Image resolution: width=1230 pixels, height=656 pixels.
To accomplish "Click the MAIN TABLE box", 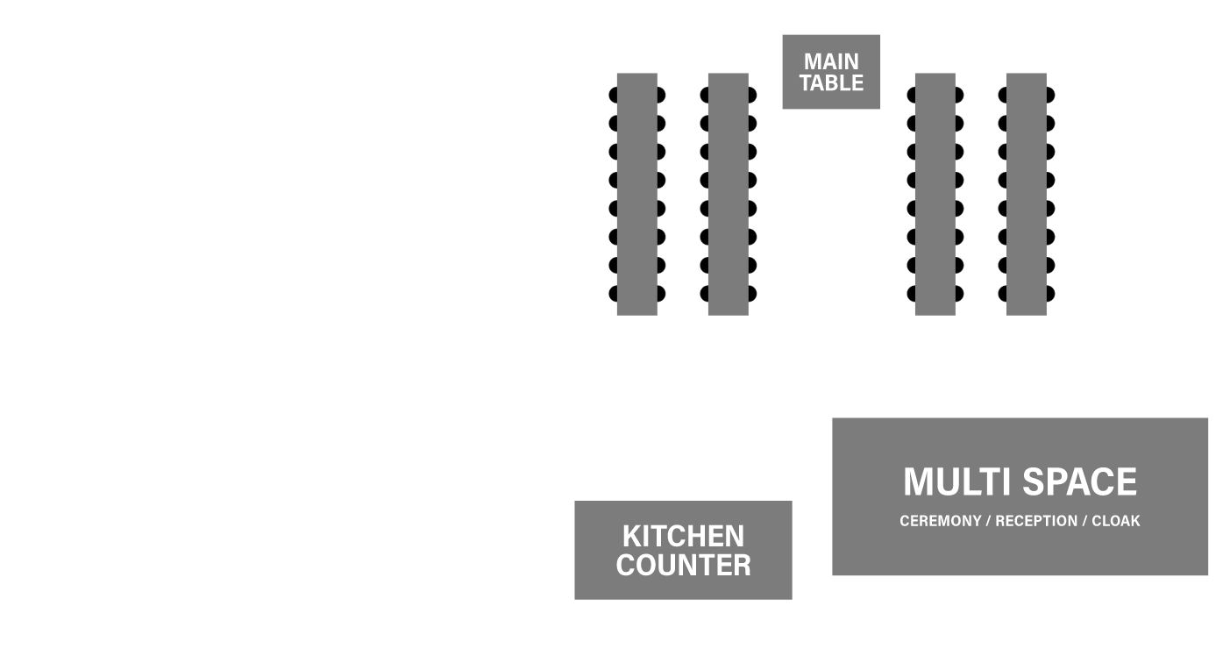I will [831, 72].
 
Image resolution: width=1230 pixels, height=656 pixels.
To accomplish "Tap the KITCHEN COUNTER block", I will [683, 550].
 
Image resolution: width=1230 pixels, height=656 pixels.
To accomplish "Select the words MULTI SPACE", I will [1020, 482].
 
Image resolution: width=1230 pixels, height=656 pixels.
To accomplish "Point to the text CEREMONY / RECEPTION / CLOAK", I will [1020, 521].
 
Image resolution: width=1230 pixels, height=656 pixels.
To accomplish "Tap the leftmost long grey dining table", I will [636, 194].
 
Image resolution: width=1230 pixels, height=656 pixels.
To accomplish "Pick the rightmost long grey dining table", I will [1026, 194].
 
